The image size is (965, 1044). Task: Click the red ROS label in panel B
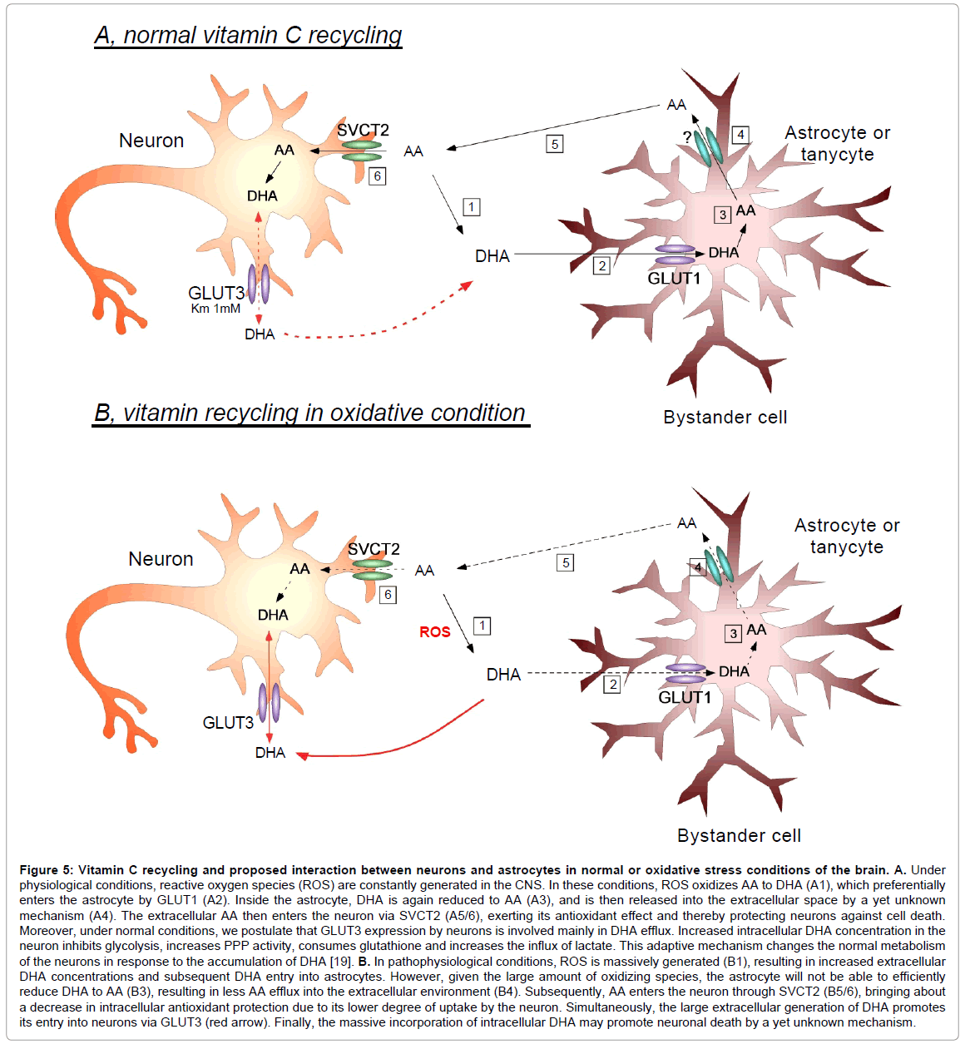point(435,632)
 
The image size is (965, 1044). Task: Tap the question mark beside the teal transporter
point(687,136)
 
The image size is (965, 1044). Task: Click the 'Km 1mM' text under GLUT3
point(215,309)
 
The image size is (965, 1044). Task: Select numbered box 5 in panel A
point(555,144)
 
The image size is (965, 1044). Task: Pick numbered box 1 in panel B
point(482,626)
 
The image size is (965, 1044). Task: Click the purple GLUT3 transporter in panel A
point(259,284)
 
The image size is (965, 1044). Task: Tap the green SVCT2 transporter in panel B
point(372,570)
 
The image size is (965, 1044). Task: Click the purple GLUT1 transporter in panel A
point(675,255)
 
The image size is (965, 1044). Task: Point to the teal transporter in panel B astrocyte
point(719,566)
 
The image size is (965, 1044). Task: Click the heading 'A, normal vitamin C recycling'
point(248,36)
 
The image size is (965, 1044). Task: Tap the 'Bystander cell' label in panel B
point(739,835)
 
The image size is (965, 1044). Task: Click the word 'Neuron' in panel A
point(151,141)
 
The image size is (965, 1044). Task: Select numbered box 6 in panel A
point(377,176)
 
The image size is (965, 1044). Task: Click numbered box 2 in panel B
point(612,685)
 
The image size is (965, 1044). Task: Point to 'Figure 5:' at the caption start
point(47,870)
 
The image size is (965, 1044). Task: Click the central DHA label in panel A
point(492,256)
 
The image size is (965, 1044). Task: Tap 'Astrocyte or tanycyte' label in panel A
point(837,144)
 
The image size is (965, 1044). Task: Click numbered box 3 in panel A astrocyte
point(723,215)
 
